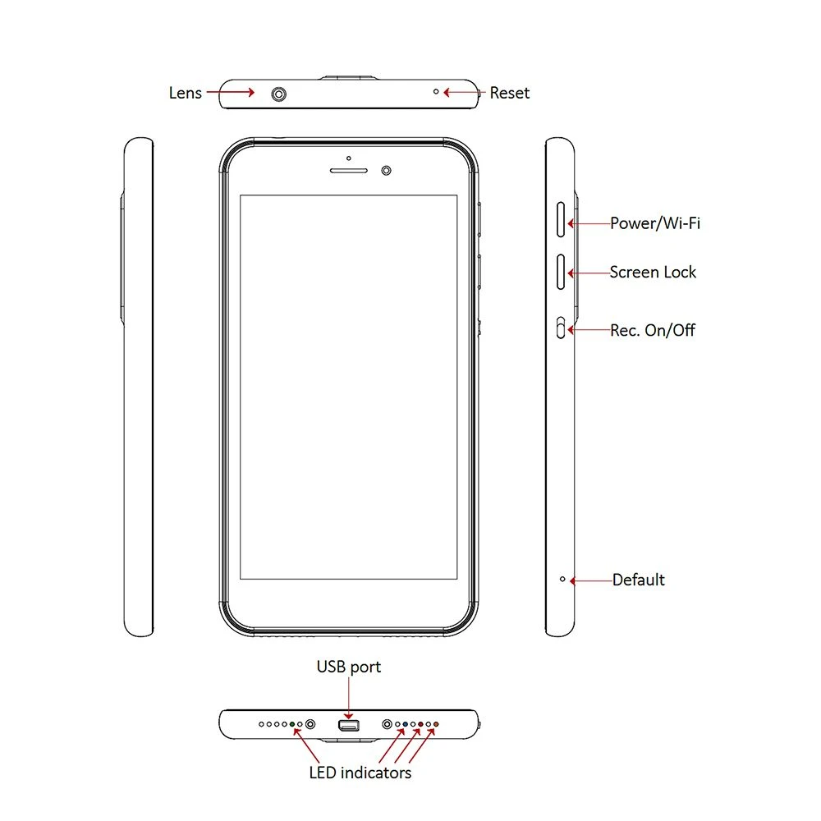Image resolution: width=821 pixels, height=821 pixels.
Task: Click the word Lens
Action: coord(186,94)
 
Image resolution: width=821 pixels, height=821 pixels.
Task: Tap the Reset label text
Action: coord(510,94)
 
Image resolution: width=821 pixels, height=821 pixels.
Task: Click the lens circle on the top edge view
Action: coord(279,94)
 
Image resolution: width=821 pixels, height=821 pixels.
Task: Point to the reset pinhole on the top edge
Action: coord(436,92)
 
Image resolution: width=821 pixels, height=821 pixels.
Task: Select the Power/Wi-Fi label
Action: coord(655,223)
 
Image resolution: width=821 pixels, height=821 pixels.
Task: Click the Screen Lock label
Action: coord(653,273)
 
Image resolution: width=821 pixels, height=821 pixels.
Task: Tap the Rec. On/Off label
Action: coord(653,330)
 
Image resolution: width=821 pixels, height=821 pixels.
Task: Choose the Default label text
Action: coord(638,580)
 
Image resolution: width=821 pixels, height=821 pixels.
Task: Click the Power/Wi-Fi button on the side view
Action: coord(561,219)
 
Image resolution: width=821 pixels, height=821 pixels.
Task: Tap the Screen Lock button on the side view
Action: coord(561,272)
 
